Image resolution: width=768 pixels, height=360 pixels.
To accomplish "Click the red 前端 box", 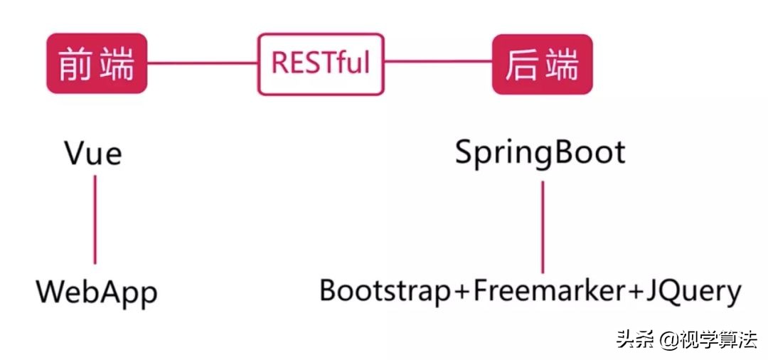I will click(96, 63).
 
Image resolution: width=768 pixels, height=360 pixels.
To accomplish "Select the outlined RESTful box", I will click(320, 63).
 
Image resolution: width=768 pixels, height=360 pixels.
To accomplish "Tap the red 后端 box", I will click(542, 64).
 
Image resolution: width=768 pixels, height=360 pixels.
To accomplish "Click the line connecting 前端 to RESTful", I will click(202, 63).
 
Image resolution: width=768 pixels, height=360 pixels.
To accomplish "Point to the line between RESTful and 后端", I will click(437, 62).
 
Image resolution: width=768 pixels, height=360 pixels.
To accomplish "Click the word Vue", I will click(93, 152).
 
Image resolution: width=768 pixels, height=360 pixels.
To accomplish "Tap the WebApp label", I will click(97, 292).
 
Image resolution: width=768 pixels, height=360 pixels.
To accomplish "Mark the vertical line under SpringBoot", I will click(543, 226).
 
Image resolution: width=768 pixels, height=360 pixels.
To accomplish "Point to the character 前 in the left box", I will click(77, 64).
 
